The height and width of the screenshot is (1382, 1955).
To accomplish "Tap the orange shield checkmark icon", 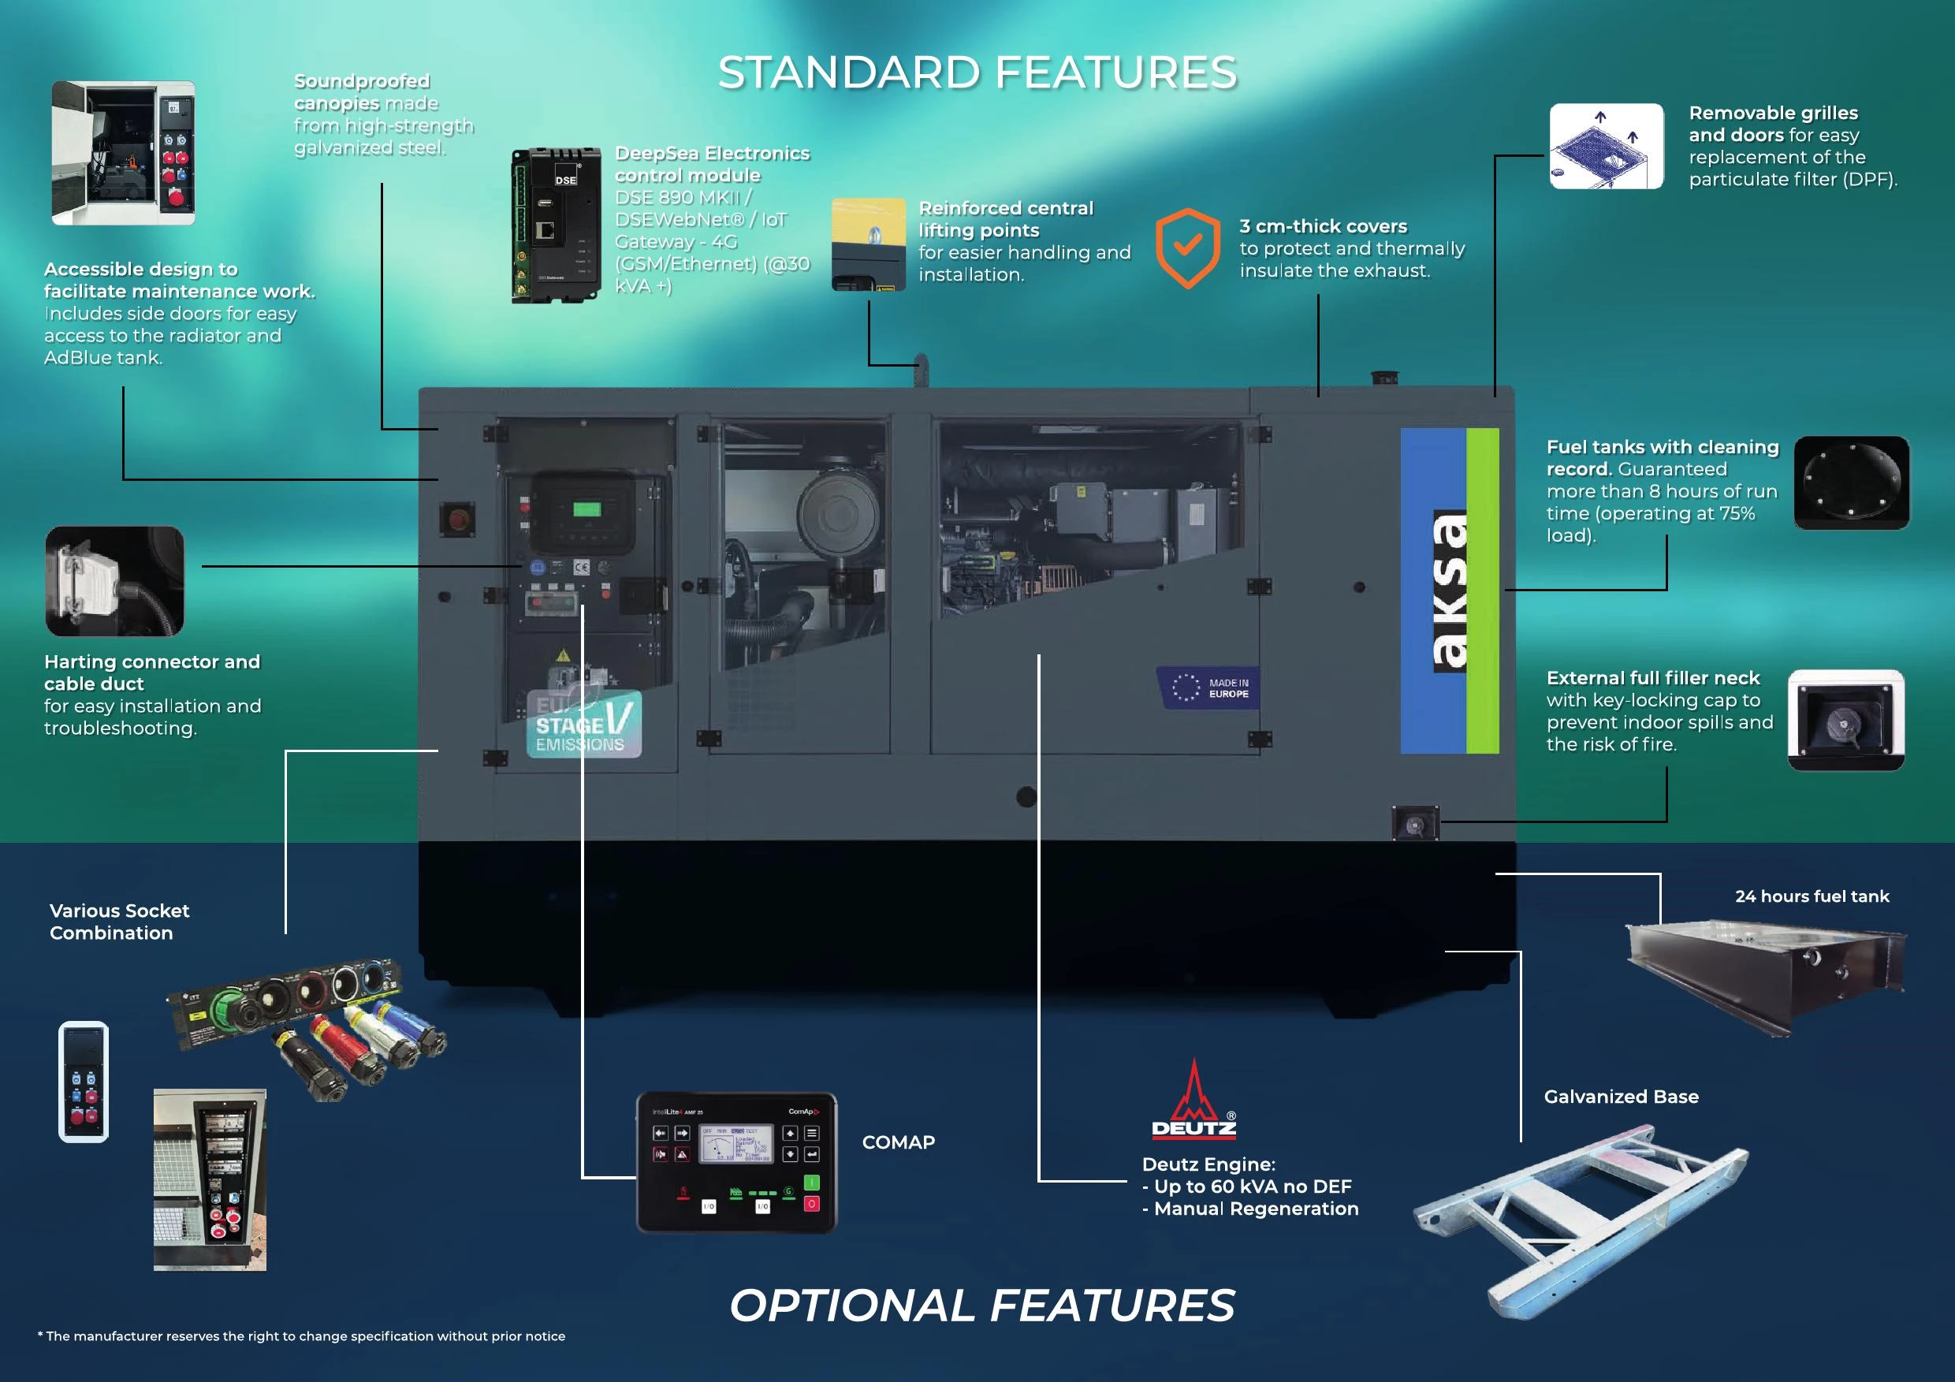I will pos(1188,248).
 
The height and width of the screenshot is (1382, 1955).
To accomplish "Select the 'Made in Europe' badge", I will pos(1209,688).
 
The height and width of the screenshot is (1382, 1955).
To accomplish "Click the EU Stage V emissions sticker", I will pos(583,724).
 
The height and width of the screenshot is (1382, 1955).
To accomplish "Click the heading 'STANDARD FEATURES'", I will pos(977,73).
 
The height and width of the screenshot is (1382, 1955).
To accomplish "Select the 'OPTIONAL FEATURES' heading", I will pos(981,1306).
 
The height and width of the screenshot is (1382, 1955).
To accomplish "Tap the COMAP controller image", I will pos(736,1162).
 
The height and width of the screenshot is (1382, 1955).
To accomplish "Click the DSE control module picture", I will pos(555,225).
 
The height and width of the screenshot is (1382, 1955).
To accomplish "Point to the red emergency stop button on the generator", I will pos(457,519).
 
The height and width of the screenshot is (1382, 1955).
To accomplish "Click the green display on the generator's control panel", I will pos(586,509).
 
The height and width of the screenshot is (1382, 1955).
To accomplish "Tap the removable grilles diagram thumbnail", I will pos(1606,147).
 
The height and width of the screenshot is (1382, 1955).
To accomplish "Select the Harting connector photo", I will pos(114,581).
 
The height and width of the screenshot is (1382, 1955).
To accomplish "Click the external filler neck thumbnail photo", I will pos(1845,721).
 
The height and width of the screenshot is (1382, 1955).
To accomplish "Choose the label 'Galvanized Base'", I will pos(1622,1097).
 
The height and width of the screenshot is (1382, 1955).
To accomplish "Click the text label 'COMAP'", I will pos(899,1142).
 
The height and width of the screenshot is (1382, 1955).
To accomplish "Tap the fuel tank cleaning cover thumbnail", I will pos(1851,482).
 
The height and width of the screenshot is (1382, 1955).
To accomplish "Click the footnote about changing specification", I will pos(301,1336).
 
